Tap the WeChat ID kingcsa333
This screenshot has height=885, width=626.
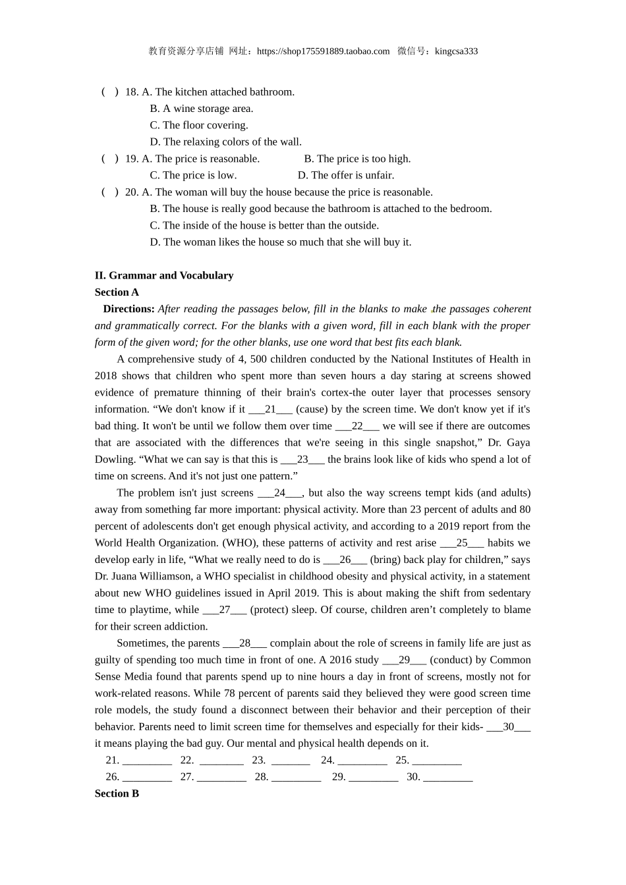pyautogui.click(x=456, y=51)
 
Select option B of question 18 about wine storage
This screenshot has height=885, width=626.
pyautogui.click(x=201, y=109)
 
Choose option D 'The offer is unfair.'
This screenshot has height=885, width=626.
pyautogui.click(x=345, y=175)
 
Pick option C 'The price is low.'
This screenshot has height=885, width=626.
pyautogui.click(x=192, y=175)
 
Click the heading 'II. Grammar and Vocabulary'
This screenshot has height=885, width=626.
pyautogui.click(x=164, y=275)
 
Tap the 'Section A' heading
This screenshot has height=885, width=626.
pyautogui.click(x=117, y=292)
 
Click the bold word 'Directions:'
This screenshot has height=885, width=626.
pyautogui.click(x=128, y=309)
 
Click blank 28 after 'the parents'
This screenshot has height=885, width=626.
pyautogui.click(x=244, y=643)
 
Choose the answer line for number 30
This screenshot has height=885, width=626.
pyautogui.click(x=447, y=778)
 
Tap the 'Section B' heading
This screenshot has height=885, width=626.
pyautogui.click(x=117, y=793)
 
